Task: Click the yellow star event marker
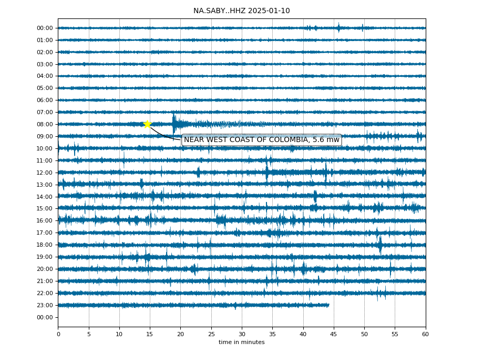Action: tap(148, 124)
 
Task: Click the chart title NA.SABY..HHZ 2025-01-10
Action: tap(242, 11)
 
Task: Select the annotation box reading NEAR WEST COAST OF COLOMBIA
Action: tap(262, 140)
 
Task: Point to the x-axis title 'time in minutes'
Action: tap(242, 342)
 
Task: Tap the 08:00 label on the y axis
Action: tap(45, 124)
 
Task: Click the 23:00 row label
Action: tap(45, 305)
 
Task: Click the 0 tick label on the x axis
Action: tap(58, 334)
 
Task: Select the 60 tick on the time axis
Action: tap(425, 334)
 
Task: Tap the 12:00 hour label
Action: tap(45, 173)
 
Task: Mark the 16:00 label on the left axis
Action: tap(45, 221)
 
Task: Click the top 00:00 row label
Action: tap(45, 28)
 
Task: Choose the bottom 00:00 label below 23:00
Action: tap(45, 317)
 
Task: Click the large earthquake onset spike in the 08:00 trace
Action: tap(174, 123)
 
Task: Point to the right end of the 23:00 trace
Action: tap(329, 305)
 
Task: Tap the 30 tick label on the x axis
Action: tap(242, 334)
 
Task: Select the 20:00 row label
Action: tap(45, 269)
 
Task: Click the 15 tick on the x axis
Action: tap(150, 334)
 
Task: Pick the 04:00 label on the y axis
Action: tap(45, 76)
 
